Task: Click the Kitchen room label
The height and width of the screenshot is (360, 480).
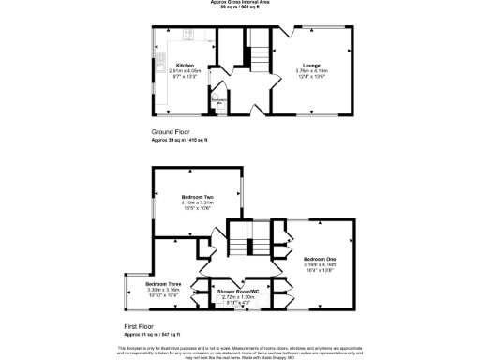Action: point(185,66)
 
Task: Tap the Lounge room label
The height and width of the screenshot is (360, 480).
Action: point(311,66)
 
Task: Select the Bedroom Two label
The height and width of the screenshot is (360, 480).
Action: point(198,196)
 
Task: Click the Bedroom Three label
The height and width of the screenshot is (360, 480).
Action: point(162,284)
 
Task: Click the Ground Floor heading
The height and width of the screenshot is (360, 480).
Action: point(172,133)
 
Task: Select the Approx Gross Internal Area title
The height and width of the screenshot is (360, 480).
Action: point(240,3)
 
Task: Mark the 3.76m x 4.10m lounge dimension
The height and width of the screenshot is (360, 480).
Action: point(311,71)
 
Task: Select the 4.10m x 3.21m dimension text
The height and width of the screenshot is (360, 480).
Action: point(198,202)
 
